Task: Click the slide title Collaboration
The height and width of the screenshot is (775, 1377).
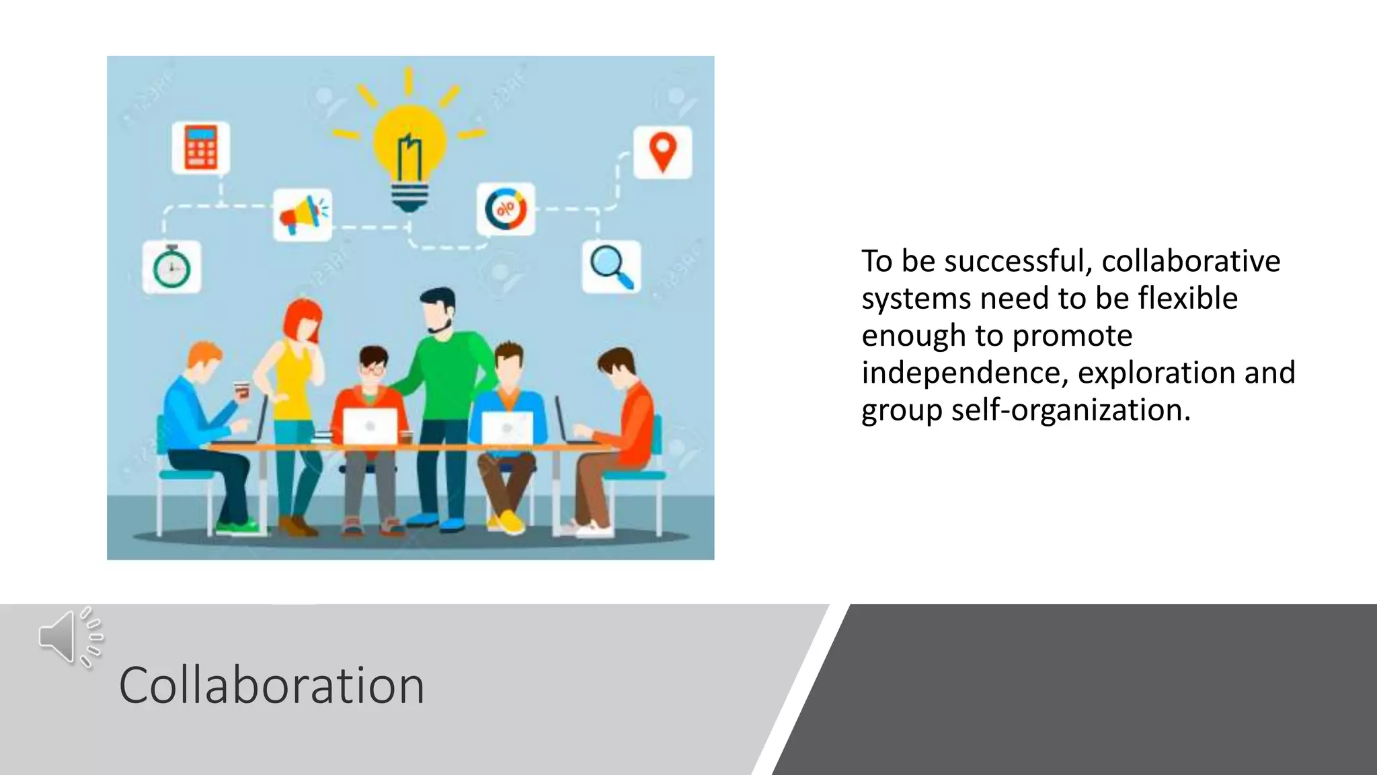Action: click(x=272, y=686)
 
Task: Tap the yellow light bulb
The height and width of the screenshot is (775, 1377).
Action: click(x=409, y=145)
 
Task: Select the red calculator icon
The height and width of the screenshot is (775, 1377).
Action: click(x=200, y=147)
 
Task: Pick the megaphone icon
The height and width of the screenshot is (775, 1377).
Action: click(x=303, y=215)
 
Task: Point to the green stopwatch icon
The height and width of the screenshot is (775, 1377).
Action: click(x=171, y=267)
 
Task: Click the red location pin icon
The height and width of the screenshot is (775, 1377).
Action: click(x=662, y=151)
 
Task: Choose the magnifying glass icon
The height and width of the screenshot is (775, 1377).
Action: click(x=611, y=266)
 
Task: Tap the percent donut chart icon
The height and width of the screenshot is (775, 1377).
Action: click(x=506, y=209)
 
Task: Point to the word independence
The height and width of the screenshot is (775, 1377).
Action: click(x=964, y=373)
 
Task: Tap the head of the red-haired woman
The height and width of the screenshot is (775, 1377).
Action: click(x=303, y=322)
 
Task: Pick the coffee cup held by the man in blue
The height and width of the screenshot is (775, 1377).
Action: click(x=241, y=390)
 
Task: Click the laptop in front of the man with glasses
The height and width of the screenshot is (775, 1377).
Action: click(x=370, y=426)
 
